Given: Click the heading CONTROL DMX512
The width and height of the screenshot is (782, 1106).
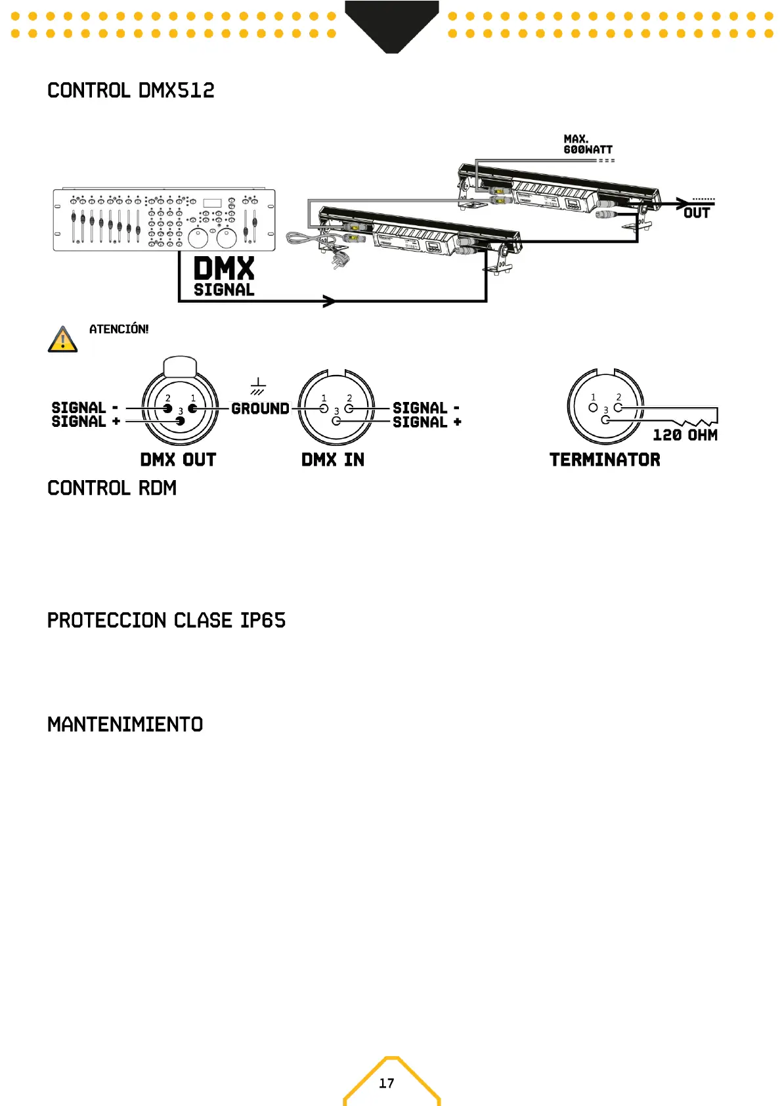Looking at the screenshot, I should point(131,91).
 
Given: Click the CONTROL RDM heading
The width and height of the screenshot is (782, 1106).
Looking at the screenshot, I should point(112,488).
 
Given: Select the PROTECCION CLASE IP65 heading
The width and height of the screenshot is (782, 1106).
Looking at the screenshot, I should point(166,621).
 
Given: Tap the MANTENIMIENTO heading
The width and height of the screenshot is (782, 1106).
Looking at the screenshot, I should point(125,724).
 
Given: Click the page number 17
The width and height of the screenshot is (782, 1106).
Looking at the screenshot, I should point(387,1083).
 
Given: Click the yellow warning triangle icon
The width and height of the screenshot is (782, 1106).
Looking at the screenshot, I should point(62,340).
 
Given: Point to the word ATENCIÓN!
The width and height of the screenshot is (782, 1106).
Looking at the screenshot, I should point(119,329).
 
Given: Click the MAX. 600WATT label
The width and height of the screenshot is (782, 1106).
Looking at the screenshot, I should point(587,144).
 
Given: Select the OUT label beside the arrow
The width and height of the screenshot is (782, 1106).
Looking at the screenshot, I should point(696,213).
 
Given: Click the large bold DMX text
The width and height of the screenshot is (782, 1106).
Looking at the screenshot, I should point(224,269).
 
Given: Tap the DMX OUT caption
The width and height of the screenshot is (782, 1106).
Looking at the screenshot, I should point(178,460).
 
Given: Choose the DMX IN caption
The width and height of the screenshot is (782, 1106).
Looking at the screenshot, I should point(333,460).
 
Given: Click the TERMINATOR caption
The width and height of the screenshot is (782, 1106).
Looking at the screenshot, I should point(605,460).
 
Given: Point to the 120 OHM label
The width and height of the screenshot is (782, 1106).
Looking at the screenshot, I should point(685,435).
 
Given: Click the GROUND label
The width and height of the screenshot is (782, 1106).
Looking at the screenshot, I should point(260,409).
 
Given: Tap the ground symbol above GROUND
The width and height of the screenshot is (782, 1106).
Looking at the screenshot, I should point(258,386).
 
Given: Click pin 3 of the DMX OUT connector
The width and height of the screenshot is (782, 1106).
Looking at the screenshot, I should point(181,421).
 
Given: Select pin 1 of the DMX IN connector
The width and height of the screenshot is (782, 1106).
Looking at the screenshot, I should point(324,408).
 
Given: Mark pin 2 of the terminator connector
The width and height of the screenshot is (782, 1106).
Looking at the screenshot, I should point(618,407).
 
